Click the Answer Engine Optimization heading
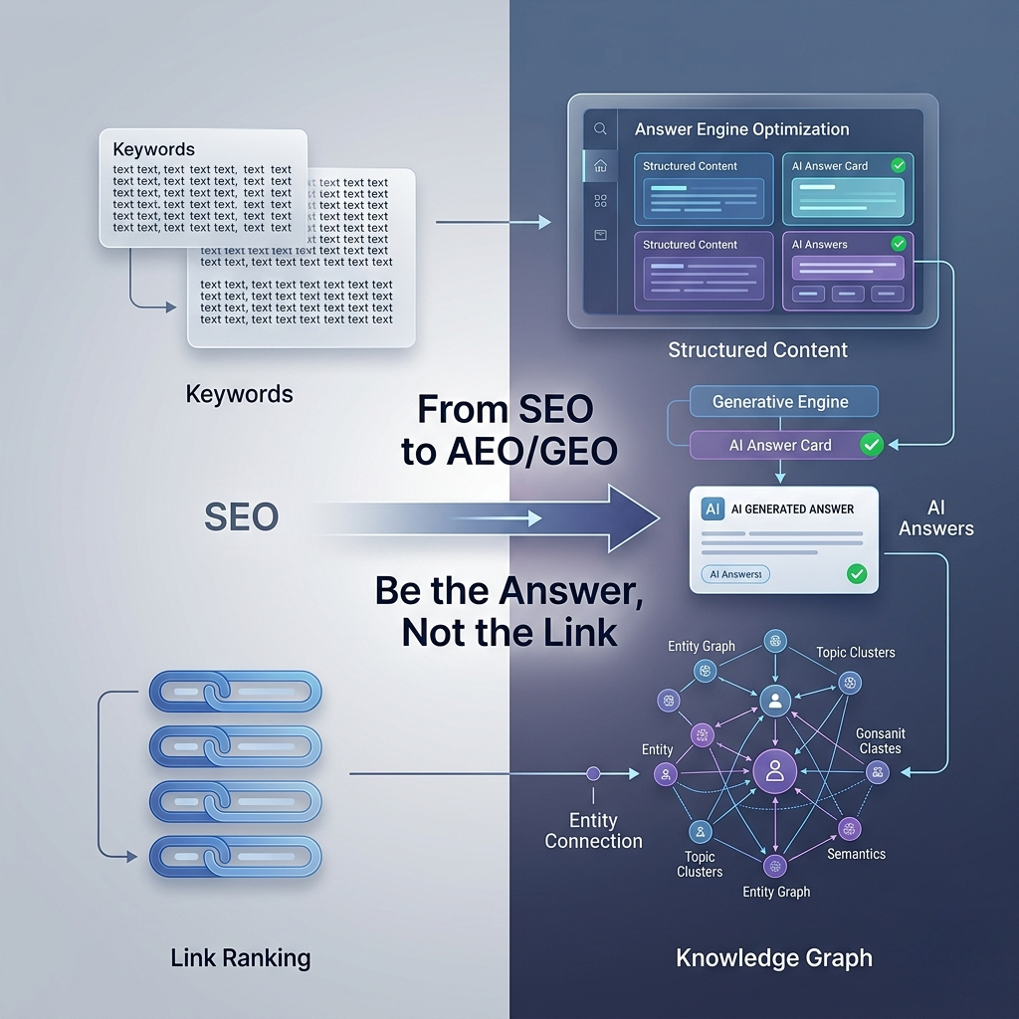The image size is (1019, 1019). (x=741, y=129)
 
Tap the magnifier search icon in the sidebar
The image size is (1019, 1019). (x=600, y=128)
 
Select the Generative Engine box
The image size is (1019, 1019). (x=780, y=402)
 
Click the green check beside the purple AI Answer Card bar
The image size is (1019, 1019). (x=872, y=445)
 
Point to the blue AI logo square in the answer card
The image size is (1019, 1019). (x=713, y=509)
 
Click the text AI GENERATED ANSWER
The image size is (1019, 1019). (x=792, y=509)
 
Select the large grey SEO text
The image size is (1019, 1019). (x=241, y=516)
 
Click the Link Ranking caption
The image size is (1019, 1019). (x=240, y=959)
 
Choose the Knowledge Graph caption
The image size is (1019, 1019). (x=773, y=959)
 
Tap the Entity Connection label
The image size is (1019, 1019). (x=593, y=831)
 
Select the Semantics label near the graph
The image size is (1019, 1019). (x=856, y=854)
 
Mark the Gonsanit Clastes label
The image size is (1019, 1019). (x=880, y=740)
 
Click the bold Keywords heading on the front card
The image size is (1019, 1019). (x=154, y=149)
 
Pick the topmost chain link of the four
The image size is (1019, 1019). (x=235, y=691)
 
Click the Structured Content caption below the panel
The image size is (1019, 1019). (x=757, y=349)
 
